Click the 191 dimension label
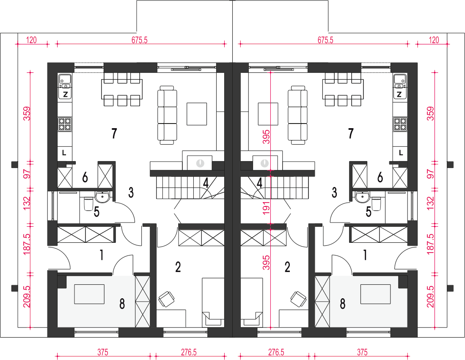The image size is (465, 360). pos(266,208)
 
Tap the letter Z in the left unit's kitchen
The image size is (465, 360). pos(66,95)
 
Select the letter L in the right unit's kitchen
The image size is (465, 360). pos(401,153)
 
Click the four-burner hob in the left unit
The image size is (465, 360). pos(65,124)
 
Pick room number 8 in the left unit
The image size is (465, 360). pos(122,304)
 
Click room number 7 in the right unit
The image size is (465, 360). pos(351,133)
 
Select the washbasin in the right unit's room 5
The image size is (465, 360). pos(362,197)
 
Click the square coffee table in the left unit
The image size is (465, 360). pos(197,114)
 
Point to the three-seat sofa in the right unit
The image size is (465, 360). pos(298,115)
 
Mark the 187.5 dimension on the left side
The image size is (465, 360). pos(27,244)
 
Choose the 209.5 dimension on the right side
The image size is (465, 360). pos(431,297)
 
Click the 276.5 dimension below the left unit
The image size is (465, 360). pos(189,352)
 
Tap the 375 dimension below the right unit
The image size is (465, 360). pos(362,352)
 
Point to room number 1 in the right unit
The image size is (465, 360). pos(365,255)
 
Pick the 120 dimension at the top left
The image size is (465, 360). pos(31,40)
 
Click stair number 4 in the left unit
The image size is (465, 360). pos(206,183)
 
